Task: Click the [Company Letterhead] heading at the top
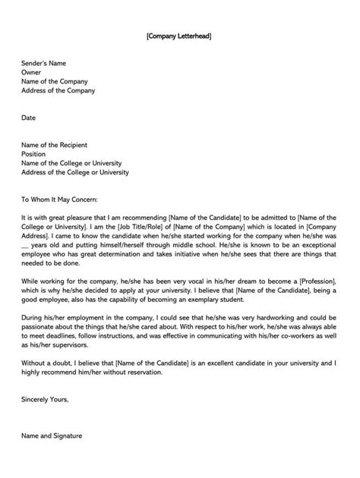coord(180,36)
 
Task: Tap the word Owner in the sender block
coord(32,72)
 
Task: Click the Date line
coord(28,118)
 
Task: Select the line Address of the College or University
coord(75,172)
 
